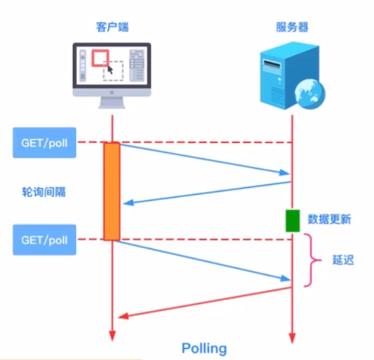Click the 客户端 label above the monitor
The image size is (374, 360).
(x=112, y=27)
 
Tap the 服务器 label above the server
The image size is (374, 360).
(x=292, y=27)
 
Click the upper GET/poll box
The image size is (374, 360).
(x=44, y=143)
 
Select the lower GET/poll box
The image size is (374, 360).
(x=44, y=240)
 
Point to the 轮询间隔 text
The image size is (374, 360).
(x=44, y=192)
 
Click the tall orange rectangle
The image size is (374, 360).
(x=112, y=191)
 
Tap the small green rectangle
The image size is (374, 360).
(x=293, y=221)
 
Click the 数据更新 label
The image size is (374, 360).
(x=329, y=219)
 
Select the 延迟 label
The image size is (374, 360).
(x=343, y=260)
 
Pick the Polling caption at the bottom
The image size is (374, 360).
(x=204, y=348)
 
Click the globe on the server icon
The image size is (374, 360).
(x=310, y=94)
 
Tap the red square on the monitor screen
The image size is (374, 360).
(x=101, y=58)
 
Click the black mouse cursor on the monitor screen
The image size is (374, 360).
(x=110, y=70)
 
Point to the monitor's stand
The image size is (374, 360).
(x=112, y=102)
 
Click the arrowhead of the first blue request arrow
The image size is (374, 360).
(x=285, y=173)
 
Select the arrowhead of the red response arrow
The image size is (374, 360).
(x=124, y=316)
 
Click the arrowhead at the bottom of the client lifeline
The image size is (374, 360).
(x=112, y=336)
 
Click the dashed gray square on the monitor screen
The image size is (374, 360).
(x=113, y=71)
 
